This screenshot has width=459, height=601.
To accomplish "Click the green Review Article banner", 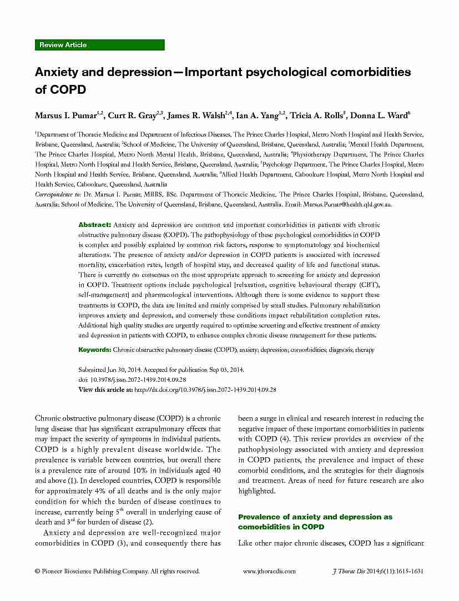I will [x=99, y=45].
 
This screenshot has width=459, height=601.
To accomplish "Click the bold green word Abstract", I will [x=95, y=225].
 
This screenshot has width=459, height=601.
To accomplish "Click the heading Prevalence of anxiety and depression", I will [x=315, y=517].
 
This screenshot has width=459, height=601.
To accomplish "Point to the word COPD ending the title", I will [x=67, y=89].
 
